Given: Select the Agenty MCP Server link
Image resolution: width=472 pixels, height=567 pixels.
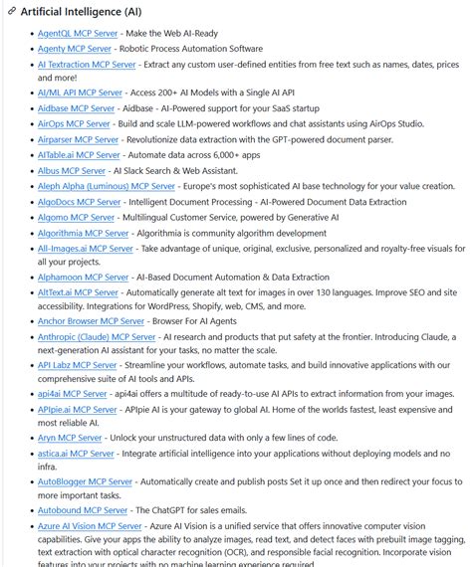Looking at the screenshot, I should tap(75, 48).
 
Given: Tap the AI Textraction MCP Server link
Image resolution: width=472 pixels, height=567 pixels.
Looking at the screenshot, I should tap(86, 64).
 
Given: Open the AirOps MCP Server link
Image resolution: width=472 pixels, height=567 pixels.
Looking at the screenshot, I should tap(74, 124).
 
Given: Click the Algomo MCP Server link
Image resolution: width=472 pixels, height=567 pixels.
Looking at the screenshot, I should tap(76, 217).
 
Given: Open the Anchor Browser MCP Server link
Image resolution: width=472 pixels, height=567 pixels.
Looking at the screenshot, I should tap(91, 321).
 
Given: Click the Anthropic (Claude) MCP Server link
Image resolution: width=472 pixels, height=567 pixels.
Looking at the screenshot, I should tap(97, 337).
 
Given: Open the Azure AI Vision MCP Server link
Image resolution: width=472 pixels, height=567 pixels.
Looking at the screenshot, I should tap(90, 525).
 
